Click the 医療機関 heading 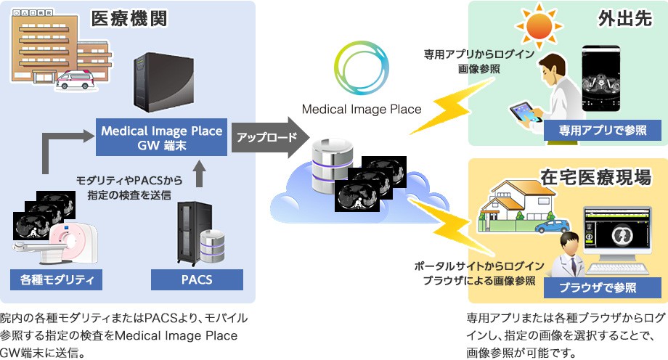[129, 19]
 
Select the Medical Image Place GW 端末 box [161, 138]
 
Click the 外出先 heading [622, 19]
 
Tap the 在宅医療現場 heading [595, 176]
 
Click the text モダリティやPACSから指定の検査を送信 [130, 187]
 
